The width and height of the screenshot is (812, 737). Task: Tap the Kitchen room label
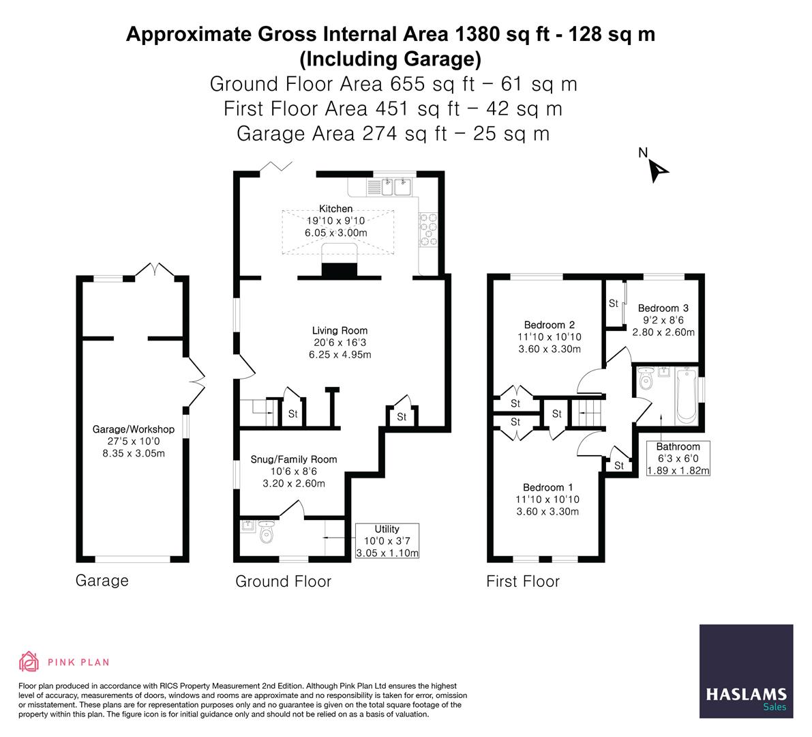pos(335,208)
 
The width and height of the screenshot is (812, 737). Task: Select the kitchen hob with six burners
pos(428,229)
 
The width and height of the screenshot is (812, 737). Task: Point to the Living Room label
pos(340,330)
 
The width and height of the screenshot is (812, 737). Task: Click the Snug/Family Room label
pos(294,459)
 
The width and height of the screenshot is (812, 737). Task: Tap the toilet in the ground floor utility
pos(267,532)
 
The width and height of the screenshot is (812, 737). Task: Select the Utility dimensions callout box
pos(387,540)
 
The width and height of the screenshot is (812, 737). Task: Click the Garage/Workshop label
pos(134,429)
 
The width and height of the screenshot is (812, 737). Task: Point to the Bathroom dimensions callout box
pos(678,458)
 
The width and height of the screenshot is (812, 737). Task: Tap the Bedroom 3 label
pos(663,308)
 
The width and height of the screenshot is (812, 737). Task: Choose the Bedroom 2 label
pos(550,325)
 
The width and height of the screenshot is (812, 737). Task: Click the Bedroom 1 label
pos(548,487)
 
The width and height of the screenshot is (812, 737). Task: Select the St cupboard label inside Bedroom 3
pos(614,303)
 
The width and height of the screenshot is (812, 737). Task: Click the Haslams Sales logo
pos(747,671)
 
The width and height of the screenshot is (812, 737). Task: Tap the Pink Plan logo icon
pos(29,661)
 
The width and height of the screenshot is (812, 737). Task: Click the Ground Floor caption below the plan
pos(283,581)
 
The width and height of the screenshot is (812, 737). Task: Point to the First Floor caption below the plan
pos(523,581)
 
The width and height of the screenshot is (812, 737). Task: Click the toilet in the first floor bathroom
pos(646,379)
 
